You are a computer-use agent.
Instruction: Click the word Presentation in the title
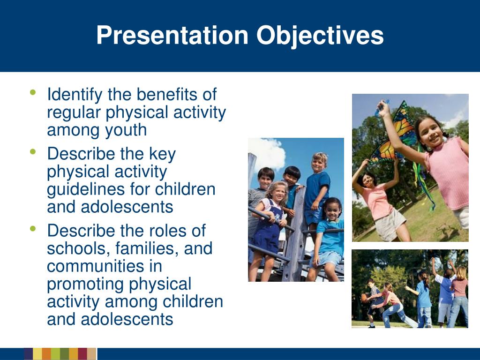coord(172,35)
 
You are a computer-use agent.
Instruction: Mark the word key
coord(162,154)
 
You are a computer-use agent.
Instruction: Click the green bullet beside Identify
coord(33,92)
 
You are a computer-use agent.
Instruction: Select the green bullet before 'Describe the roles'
coord(33,228)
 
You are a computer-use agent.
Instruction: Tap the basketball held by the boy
coord(364,298)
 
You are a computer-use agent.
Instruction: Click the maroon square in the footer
coord(82,353)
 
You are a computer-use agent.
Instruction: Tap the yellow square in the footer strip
coord(37,353)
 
